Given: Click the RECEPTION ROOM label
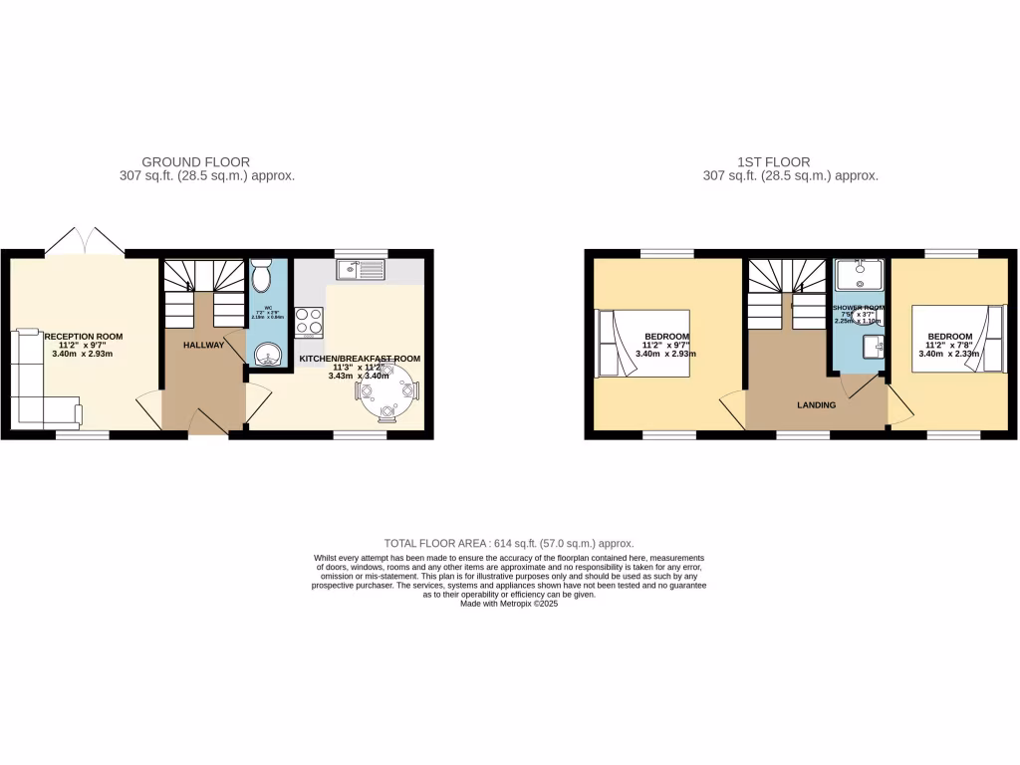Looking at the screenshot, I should point(83,337).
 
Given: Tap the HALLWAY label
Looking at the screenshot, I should point(203,345).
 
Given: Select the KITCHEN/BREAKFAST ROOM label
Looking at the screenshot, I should point(361,359).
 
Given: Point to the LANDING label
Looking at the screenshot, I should point(816,405).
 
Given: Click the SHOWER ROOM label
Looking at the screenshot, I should point(858,309).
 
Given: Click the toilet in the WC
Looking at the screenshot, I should point(262,274).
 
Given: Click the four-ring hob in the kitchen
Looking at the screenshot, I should point(309,321).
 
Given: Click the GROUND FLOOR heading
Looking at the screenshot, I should point(195,161).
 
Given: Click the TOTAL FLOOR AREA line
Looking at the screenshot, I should point(509,543).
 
